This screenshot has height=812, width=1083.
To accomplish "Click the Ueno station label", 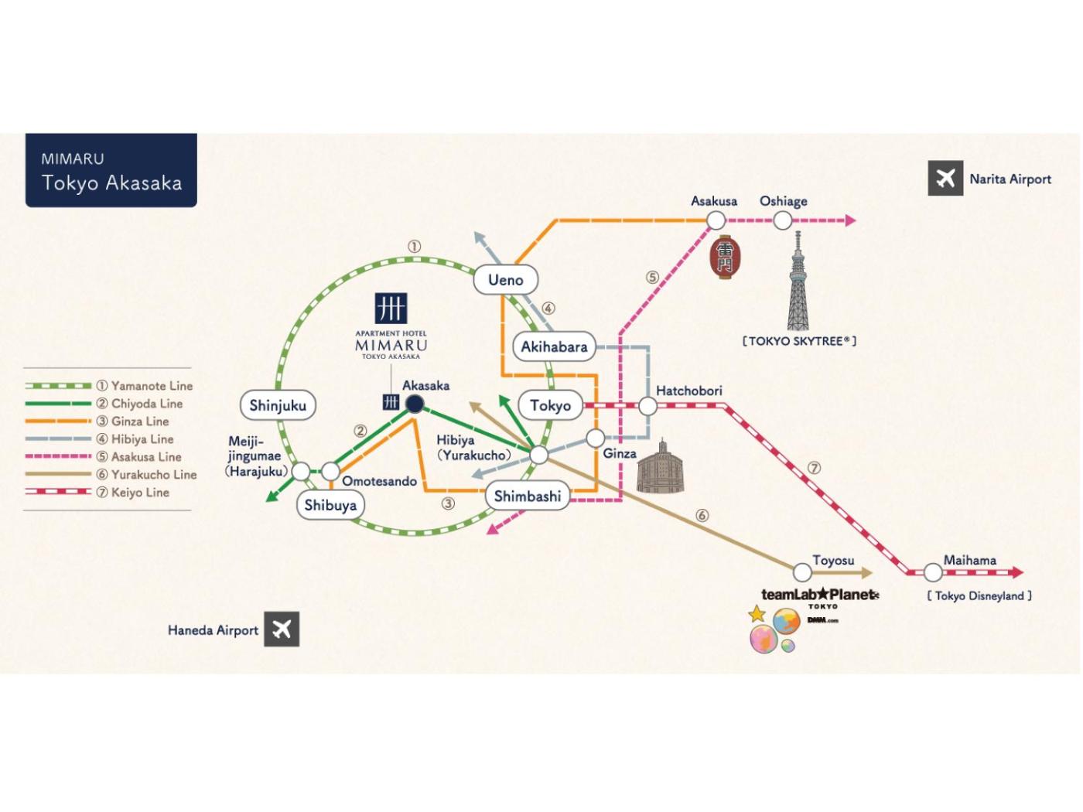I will [x=505, y=280].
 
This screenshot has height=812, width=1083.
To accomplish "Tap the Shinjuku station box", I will [x=278, y=405].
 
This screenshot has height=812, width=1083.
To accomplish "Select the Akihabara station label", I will [x=554, y=346].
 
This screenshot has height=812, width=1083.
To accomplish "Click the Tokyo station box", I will [x=550, y=405].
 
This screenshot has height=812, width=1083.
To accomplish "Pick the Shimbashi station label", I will [x=528, y=496].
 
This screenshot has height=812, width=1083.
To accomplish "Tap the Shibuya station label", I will [x=330, y=505].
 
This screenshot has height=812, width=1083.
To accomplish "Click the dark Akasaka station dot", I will [x=415, y=403].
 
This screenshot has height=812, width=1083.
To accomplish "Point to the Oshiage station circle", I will [x=783, y=220].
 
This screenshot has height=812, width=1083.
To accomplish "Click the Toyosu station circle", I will [x=802, y=572].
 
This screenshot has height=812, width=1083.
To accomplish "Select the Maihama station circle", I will [x=933, y=572].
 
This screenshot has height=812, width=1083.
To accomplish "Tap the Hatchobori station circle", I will [x=647, y=405].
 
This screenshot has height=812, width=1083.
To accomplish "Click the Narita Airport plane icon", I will [x=945, y=179].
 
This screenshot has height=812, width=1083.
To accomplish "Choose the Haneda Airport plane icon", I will [x=282, y=629].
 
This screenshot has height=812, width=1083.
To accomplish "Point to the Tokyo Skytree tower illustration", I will [x=798, y=282].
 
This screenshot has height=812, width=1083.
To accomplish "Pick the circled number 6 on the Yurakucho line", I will [x=702, y=516].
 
